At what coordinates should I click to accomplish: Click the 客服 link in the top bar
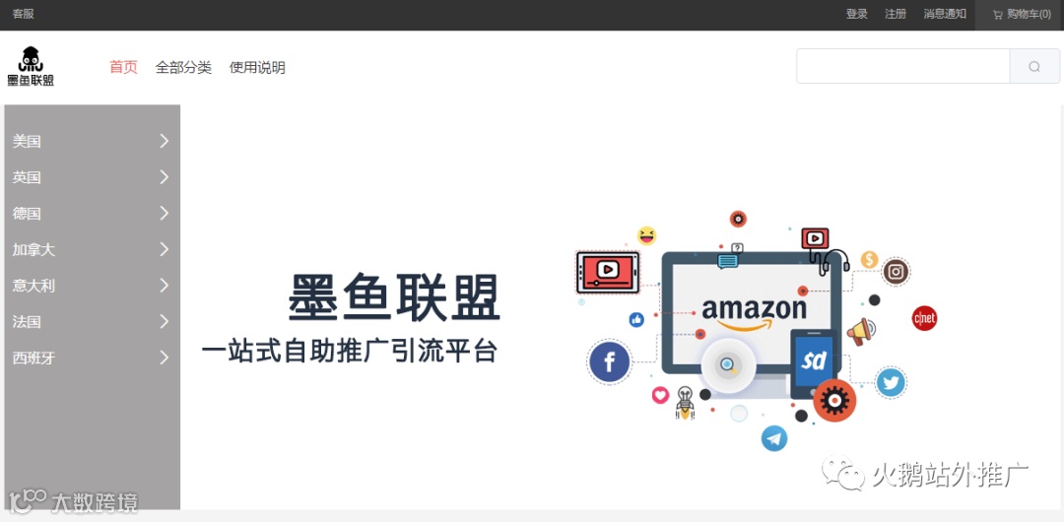tap(23, 14)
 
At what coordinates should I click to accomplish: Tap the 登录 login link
tap(856, 14)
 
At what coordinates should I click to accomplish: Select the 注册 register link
tap(895, 14)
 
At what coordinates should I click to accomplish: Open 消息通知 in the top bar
tap(944, 14)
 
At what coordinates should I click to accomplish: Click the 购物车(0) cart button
tap(1022, 14)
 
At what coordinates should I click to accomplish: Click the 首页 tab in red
tap(123, 67)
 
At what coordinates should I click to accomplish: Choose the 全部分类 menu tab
tap(183, 67)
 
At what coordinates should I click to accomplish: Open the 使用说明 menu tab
tap(257, 67)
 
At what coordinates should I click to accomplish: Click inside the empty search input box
tap(902, 66)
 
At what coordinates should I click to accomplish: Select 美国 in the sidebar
tap(27, 141)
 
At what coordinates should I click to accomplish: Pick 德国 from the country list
tap(27, 213)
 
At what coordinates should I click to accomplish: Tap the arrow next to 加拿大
tap(165, 249)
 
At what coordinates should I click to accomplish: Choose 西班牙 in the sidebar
tap(33, 358)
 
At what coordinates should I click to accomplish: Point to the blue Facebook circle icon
tap(609, 361)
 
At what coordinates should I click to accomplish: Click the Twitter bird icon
tap(891, 382)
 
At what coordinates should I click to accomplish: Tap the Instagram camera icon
tap(896, 272)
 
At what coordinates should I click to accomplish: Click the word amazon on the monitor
tap(754, 308)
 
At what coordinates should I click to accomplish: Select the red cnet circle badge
tap(924, 318)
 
